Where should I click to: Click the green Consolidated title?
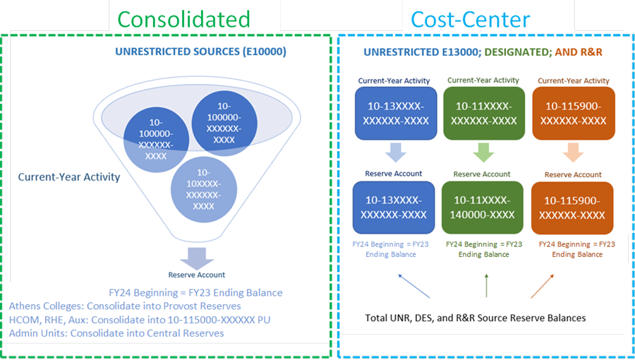click(x=183, y=18)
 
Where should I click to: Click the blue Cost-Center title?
click(x=471, y=18)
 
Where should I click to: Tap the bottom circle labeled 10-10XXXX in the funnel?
click(x=203, y=189)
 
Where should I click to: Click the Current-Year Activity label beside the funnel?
click(x=69, y=177)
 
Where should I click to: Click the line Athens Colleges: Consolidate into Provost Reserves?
click(x=125, y=306)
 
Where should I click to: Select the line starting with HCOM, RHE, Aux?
click(x=140, y=319)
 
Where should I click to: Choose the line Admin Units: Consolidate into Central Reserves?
click(x=116, y=332)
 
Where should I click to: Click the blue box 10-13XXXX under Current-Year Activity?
click(x=394, y=112)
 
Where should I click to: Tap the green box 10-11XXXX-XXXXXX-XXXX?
click(x=483, y=112)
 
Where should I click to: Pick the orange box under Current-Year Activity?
click(x=572, y=112)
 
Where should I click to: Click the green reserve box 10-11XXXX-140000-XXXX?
click(x=483, y=208)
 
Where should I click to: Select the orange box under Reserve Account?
click(x=572, y=208)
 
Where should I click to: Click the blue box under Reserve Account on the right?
click(x=394, y=208)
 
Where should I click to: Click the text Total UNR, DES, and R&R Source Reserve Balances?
click(x=476, y=318)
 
